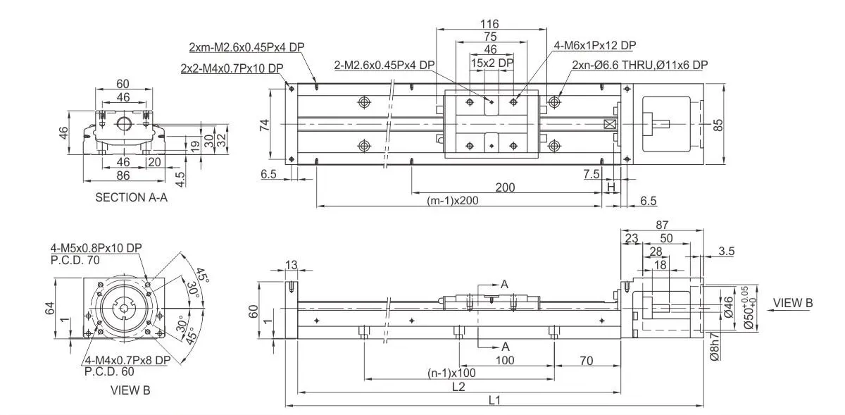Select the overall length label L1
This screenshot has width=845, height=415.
[494, 399]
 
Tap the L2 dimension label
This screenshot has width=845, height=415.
[458, 386]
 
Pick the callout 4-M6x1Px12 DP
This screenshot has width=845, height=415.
[595, 46]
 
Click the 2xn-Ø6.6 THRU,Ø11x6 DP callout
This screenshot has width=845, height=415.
[640, 65]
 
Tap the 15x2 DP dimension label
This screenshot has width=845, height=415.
[492, 63]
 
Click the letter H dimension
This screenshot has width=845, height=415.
[611, 187]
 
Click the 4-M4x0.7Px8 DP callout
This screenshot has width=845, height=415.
[127, 360]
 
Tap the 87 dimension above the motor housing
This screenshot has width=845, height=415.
[661, 225]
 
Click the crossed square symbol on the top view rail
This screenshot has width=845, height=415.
[610, 125]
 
